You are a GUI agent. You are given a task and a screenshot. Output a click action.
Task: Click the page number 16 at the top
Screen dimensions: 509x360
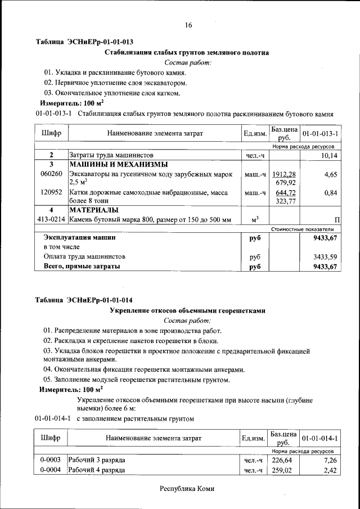(x=188, y=25)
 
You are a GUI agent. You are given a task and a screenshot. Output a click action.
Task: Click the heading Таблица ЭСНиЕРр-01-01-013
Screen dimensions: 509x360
(x=84, y=42)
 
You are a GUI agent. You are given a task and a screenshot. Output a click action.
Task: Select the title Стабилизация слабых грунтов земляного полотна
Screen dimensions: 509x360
(x=187, y=52)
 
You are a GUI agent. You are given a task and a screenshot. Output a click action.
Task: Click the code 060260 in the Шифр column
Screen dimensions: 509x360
(x=51, y=175)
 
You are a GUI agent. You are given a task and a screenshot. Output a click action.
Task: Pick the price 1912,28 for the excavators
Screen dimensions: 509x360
(x=284, y=175)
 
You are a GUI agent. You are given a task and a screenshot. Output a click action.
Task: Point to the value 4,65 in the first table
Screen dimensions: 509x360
(x=331, y=175)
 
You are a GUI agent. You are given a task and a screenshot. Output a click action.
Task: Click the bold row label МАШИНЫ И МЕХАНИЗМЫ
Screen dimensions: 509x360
(x=118, y=165)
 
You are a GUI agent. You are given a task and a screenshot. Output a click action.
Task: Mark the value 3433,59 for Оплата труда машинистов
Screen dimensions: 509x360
(x=326, y=256)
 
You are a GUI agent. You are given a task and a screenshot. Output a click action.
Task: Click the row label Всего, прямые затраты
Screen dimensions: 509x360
(x=82, y=267)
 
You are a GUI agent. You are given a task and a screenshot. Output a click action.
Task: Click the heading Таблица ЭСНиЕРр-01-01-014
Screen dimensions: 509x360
(x=84, y=300)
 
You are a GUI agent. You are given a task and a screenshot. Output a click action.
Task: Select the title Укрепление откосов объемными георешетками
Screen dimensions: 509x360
(x=187, y=310)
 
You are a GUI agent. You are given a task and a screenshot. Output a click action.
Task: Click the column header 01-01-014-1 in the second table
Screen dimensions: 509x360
(x=320, y=438)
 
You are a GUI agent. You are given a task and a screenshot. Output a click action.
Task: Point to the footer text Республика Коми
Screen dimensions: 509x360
(x=187, y=489)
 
